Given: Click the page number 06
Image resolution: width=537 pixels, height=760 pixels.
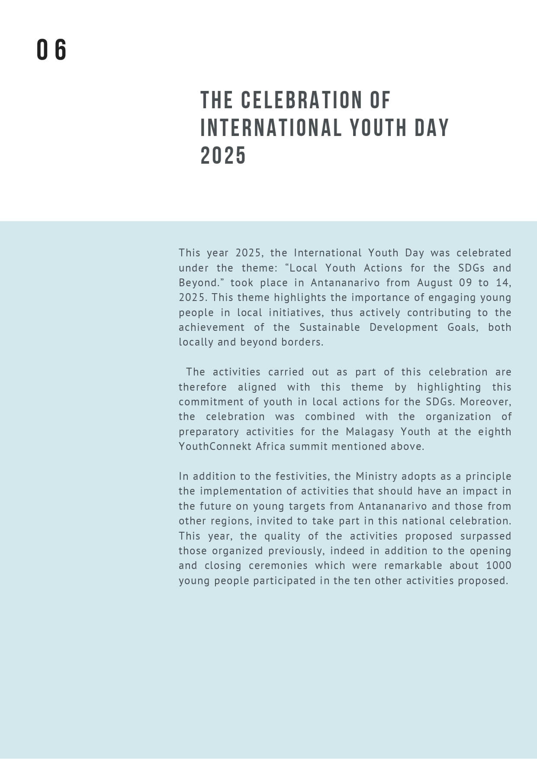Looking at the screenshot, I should coord(51,50).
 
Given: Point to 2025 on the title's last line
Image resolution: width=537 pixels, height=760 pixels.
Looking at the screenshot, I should coord(223,156).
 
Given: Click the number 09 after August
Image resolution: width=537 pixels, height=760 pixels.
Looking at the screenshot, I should coord(466,283).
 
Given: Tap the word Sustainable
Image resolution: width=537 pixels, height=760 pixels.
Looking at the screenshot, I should coord(329,327).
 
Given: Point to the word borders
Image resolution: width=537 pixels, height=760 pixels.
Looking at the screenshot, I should coord(302,342).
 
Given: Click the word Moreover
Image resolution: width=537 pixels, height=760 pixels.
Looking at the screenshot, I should coord(486,402).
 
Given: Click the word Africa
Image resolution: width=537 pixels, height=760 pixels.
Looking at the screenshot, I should coord(270,446).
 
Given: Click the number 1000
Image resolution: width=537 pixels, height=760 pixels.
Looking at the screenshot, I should coord(498,566).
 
